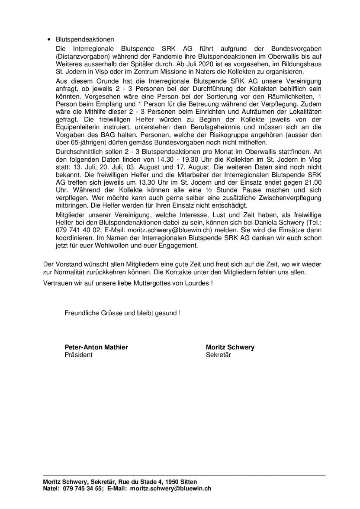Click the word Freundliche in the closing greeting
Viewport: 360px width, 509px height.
(x=81, y=313)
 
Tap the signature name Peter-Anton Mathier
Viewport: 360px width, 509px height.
(x=96, y=347)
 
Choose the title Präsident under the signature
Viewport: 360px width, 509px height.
(x=78, y=355)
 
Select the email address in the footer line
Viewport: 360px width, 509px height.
(x=171, y=489)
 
